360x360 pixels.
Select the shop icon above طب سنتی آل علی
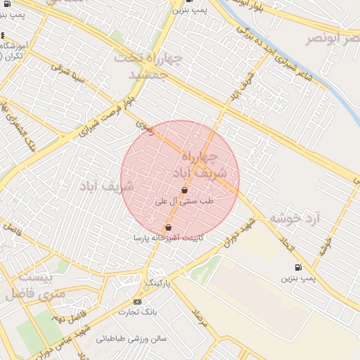pos(184,190)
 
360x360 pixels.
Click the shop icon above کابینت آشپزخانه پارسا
pos(167,227)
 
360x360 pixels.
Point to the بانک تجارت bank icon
pos(137,302)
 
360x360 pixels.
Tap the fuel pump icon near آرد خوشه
pos(298,267)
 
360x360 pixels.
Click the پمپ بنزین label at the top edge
pos(192,10)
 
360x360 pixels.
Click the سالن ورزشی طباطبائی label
pos(131,338)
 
